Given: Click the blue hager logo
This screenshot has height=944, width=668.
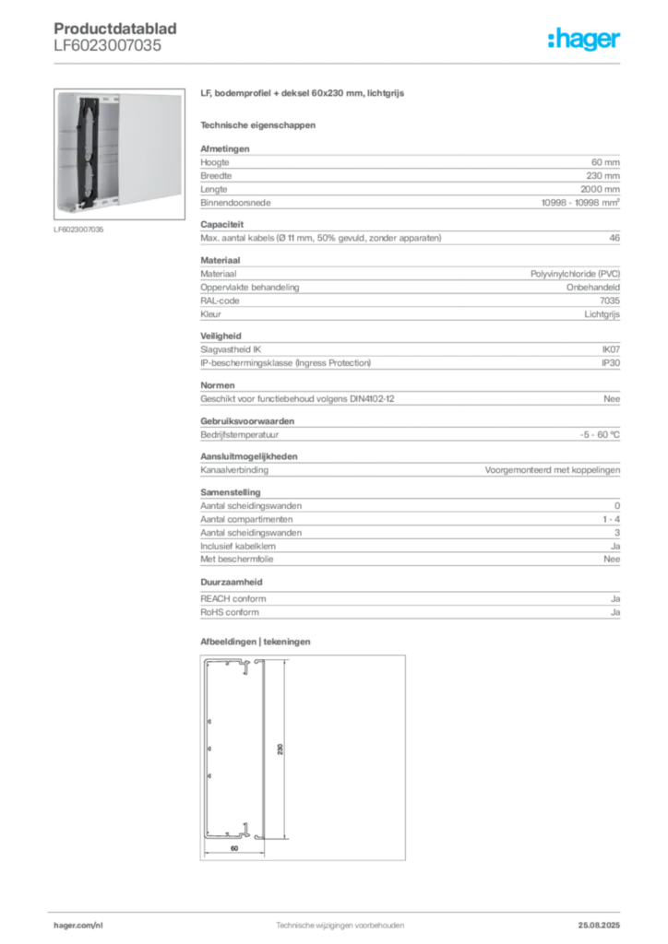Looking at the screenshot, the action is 585,40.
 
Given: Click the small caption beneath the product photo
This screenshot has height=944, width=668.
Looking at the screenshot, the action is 81,230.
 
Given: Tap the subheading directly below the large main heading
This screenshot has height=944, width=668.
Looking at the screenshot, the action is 259,124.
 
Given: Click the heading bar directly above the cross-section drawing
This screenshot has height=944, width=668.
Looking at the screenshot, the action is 259,640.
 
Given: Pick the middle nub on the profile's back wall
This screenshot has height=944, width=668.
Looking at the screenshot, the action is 210,749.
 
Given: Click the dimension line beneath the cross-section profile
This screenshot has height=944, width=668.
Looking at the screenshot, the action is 234,855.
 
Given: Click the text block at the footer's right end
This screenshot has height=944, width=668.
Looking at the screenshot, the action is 604,923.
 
